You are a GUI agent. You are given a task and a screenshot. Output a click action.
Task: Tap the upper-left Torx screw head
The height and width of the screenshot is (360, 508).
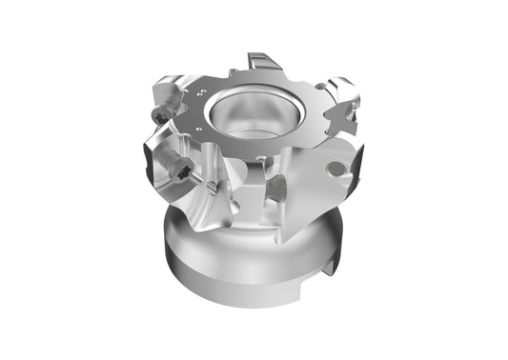[x=164, y=112]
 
